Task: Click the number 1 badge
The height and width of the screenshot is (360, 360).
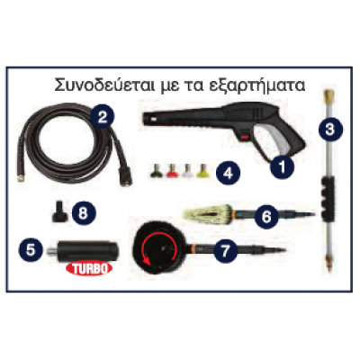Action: point(282,165)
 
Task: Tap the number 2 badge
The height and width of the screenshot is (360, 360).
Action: point(103,115)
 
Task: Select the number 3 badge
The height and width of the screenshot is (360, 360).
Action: point(332,128)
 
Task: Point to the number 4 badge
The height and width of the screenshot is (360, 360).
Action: point(229,170)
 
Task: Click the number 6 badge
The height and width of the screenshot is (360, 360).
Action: point(265,215)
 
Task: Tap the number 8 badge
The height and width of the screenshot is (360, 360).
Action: point(83,213)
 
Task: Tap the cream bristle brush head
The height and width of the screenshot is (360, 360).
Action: point(209,215)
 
